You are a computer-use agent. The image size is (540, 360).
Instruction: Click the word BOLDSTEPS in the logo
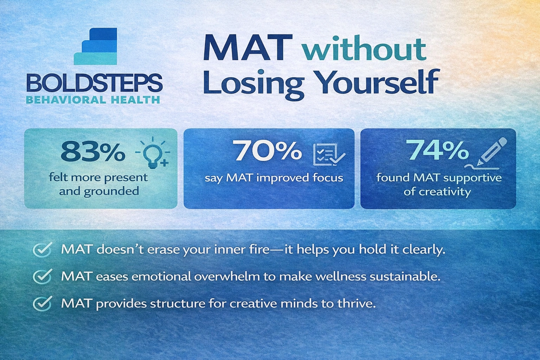[x=94, y=83]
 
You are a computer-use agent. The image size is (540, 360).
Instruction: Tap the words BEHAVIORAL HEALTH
[x=93, y=99]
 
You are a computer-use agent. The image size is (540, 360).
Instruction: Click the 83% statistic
[x=92, y=152]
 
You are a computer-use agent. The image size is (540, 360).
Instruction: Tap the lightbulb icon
[x=154, y=154]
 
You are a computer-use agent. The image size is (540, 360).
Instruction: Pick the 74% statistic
[x=438, y=150]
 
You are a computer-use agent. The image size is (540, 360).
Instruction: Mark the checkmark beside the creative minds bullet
[x=43, y=303]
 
